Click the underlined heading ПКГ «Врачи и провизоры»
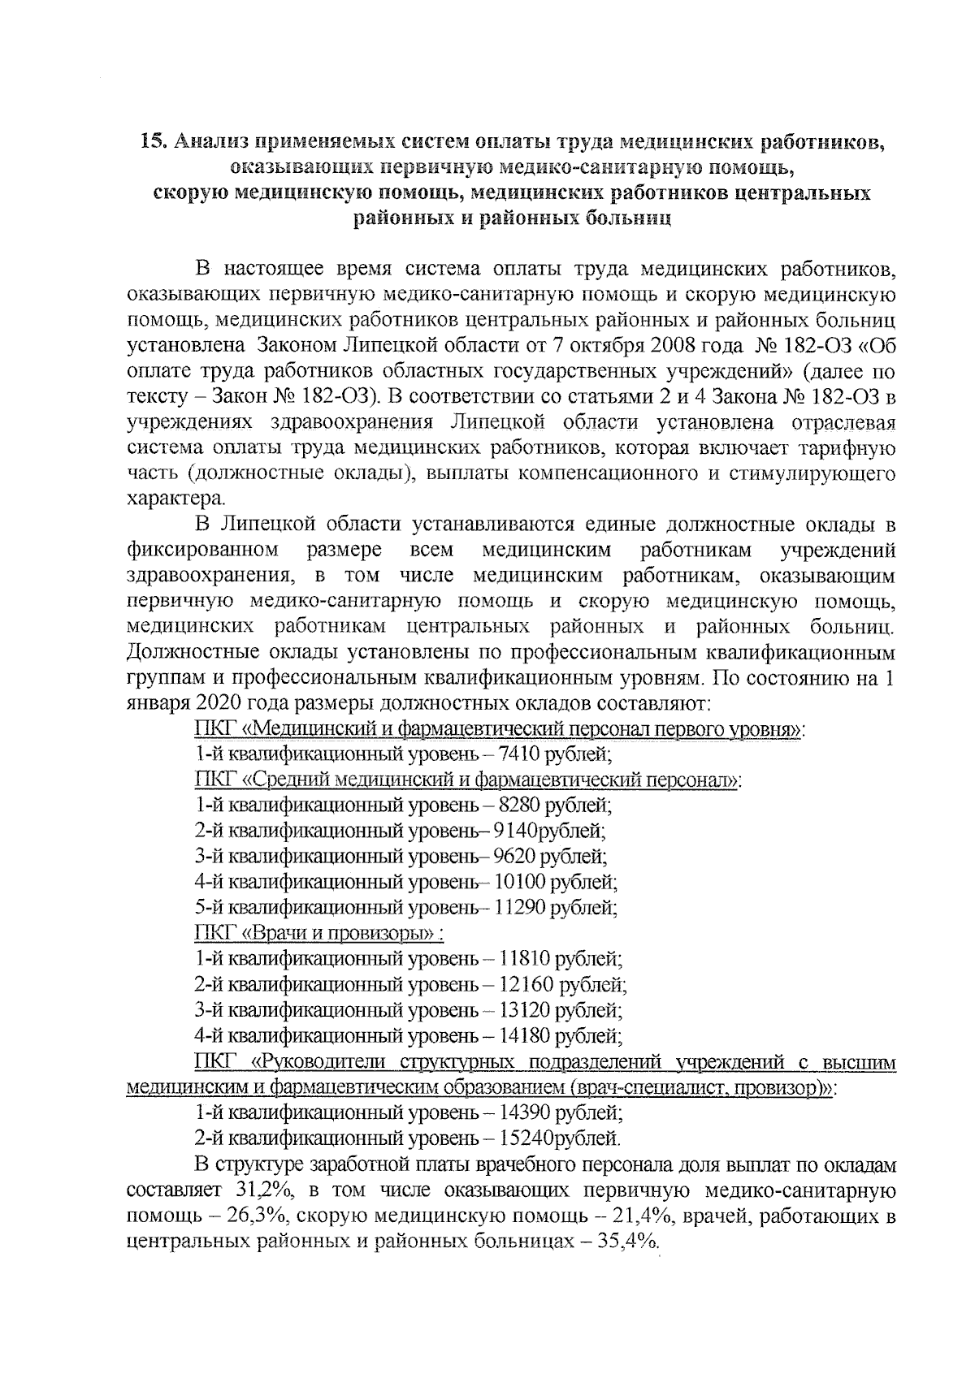click(318, 934)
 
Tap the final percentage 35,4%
click(627, 1243)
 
